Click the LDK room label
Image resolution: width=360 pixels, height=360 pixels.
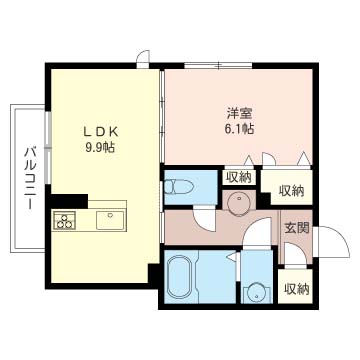100,132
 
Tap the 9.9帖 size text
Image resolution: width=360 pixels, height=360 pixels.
100,147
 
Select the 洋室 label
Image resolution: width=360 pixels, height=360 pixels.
239,114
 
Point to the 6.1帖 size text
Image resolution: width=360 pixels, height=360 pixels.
239,129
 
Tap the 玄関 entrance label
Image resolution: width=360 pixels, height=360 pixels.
296,228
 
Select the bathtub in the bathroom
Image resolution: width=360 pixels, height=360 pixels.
181,277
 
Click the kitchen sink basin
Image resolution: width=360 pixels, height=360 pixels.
110,220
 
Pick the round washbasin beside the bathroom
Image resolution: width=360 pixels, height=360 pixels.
257,293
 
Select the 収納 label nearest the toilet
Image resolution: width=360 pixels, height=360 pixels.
239,177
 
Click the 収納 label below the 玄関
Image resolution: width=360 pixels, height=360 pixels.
296,290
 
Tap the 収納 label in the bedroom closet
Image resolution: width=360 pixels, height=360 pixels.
291,191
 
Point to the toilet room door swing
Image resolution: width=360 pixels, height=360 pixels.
204,218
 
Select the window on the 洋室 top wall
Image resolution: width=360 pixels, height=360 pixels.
218,65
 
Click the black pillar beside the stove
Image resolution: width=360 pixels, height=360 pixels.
69,201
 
